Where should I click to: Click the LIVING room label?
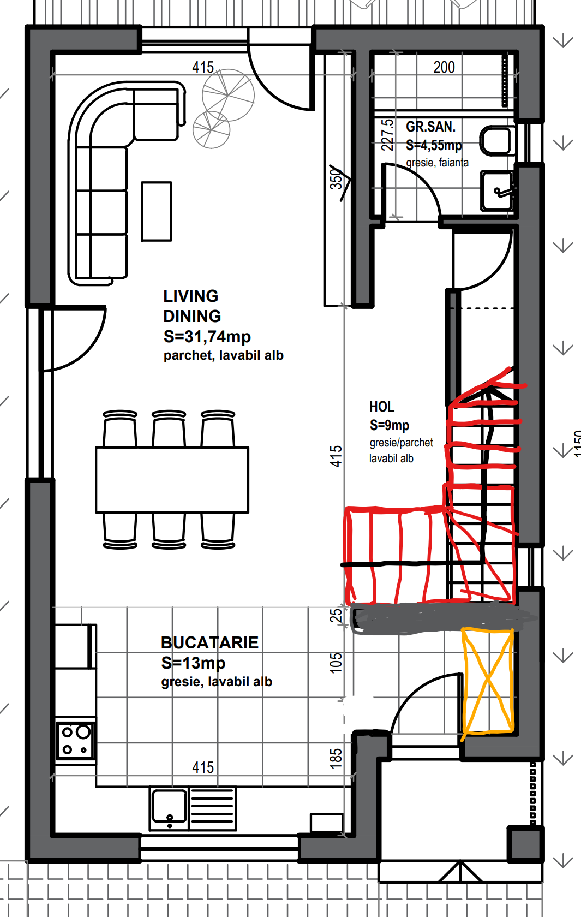[x=191, y=296]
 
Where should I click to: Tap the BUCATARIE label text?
[x=209, y=643]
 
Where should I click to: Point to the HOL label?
[x=382, y=407]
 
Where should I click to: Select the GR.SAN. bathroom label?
[x=430, y=127]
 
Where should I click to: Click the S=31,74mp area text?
[x=207, y=336]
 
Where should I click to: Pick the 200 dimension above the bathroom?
[x=444, y=67]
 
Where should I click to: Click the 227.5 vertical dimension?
[x=387, y=135]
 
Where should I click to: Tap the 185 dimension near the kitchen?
[x=336, y=758]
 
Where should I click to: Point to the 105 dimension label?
[x=336, y=663]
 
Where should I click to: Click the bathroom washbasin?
[x=496, y=191]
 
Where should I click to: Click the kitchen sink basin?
[x=169, y=808]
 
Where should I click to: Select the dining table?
[x=172, y=479]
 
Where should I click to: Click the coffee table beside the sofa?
[x=156, y=211]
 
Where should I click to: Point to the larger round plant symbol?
[x=228, y=95]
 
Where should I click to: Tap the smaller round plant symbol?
[x=211, y=129]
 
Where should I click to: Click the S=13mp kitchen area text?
[x=193, y=663]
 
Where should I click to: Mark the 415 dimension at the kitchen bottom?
[x=203, y=767]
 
